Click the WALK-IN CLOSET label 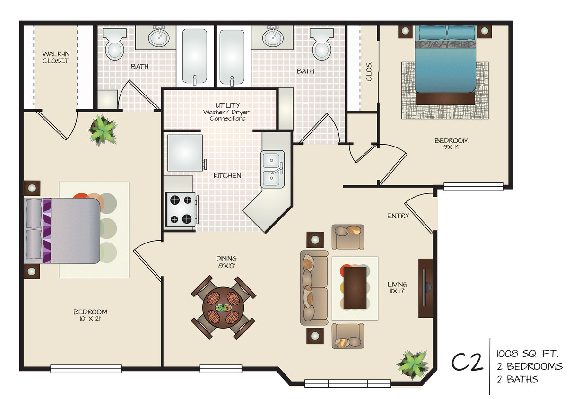[x=55, y=57]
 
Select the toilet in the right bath [x=321, y=44]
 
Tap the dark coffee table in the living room [x=355, y=287]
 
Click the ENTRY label [x=398, y=216]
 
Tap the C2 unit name [x=467, y=363]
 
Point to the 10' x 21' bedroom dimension [x=90, y=319]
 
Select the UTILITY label [x=227, y=105]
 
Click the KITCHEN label [x=227, y=176]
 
